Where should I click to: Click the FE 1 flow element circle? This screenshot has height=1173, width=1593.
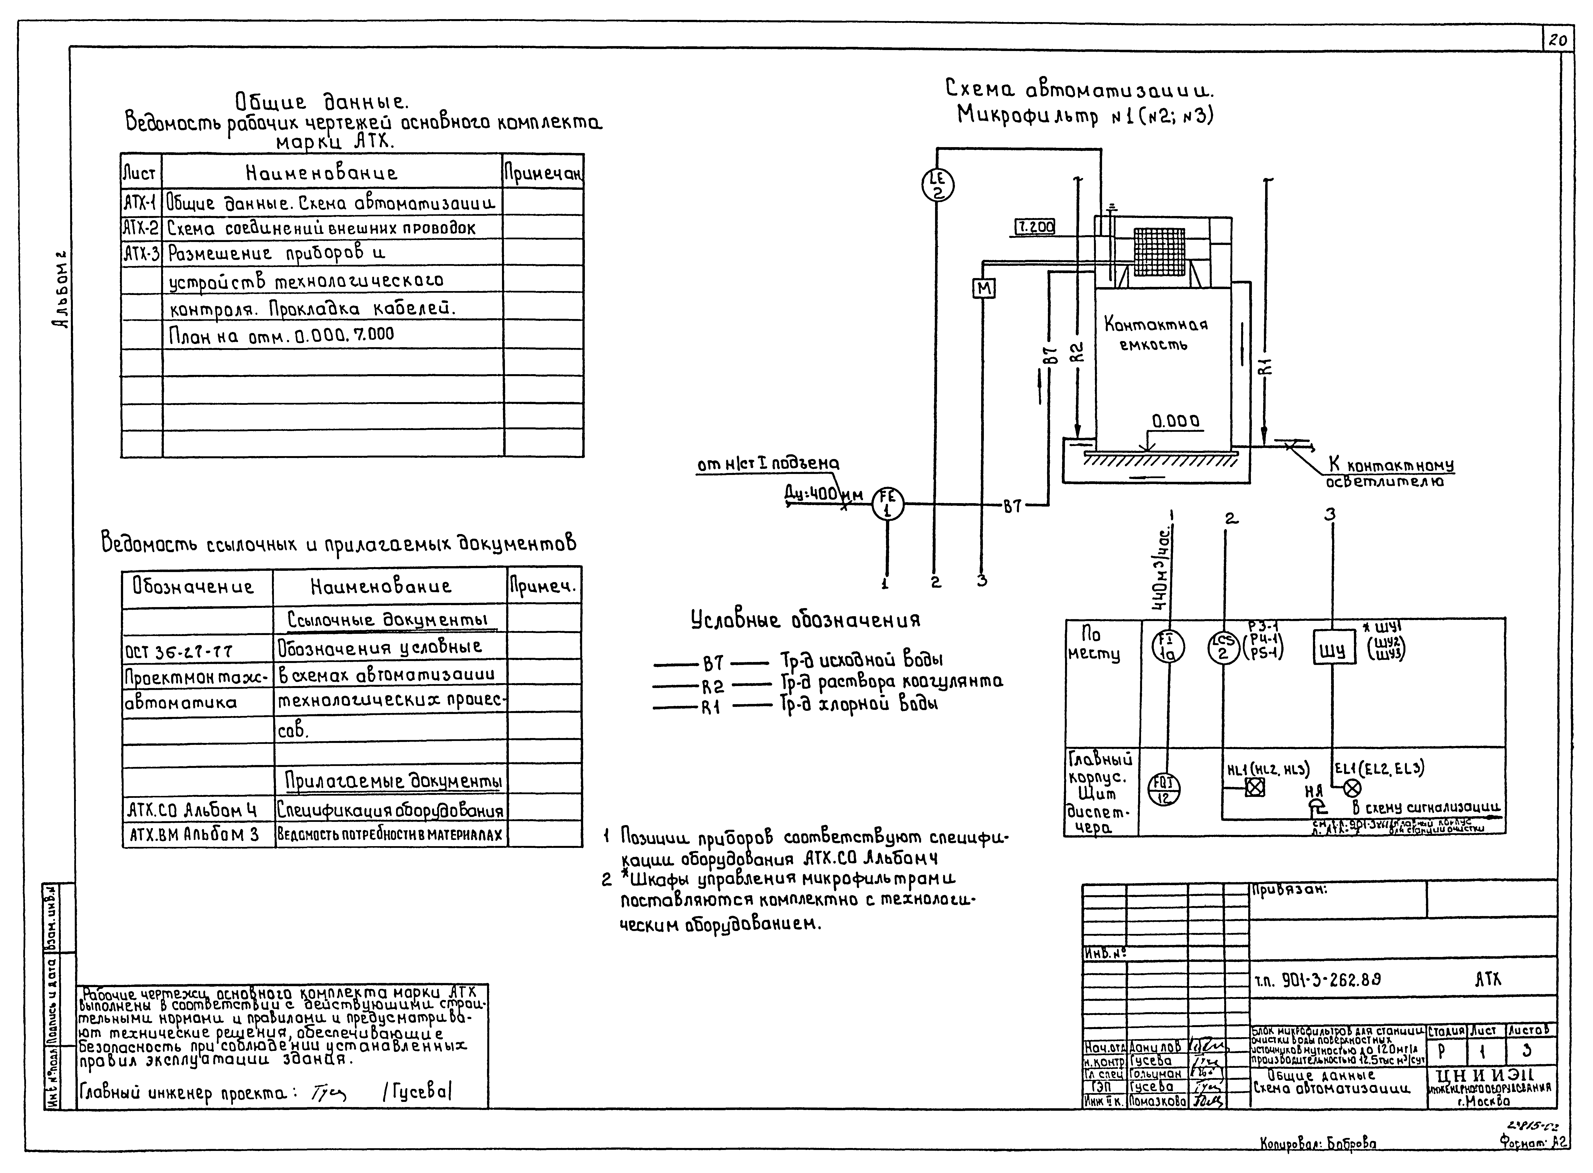(888, 506)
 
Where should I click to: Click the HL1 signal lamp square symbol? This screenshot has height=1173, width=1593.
(1255, 787)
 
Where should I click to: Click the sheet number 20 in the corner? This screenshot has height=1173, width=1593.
(1557, 40)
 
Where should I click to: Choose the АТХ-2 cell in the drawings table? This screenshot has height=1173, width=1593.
(141, 227)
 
